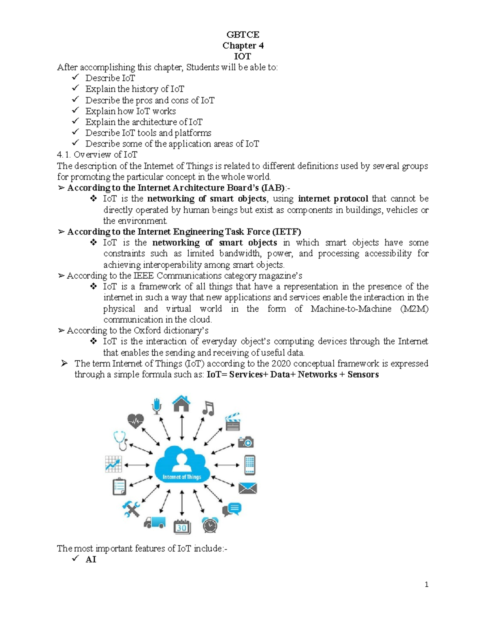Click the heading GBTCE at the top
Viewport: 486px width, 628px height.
[x=243, y=34]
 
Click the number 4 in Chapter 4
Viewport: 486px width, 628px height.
[x=261, y=45]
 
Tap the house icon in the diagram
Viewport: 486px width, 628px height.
[x=181, y=404]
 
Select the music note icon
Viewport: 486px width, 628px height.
[x=208, y=408]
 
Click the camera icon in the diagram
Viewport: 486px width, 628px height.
[x=246, y=442]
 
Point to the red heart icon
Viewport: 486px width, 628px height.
[x=135, y=421]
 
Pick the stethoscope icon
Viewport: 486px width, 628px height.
[x=121, y=440]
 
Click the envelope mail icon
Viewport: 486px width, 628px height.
[x=247, y=488]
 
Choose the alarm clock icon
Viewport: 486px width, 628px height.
[x=210, y=525]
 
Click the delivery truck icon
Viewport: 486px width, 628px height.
[x=154, y=523]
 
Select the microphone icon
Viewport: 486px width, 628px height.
[x=157, y=406]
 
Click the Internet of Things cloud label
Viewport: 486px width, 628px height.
[x=182, y=477]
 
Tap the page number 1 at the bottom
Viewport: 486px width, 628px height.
[x=426, y=584]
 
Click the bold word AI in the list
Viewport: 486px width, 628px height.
[x=91, y=559]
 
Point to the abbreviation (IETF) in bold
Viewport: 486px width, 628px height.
[x=286, y=232]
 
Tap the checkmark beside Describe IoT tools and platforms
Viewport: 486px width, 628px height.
[x=75, y=132]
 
